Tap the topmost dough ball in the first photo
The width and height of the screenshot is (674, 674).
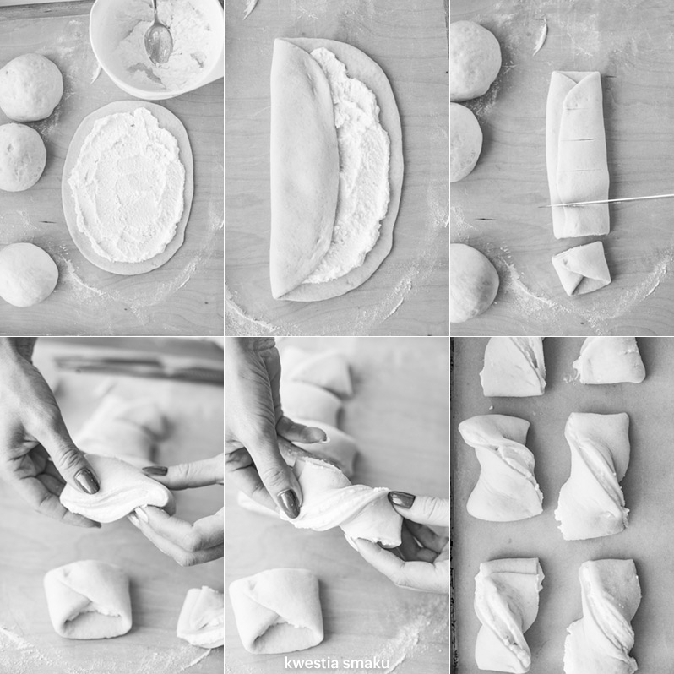coord(30,87)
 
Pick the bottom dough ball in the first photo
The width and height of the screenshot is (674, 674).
coord(28,274)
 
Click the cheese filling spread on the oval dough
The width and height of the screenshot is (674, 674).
coord(128,185)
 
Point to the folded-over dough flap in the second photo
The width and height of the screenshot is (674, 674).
coord(303,167)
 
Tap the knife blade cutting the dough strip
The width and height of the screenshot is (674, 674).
coord(606,201)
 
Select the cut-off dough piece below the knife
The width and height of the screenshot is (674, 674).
coord(581,269)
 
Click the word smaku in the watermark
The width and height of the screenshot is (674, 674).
coord(365,663)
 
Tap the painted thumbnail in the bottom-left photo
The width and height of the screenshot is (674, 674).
coord(86,481)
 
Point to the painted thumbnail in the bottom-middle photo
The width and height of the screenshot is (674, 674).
coord(289,503)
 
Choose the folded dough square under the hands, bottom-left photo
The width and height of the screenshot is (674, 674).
coord(88,599)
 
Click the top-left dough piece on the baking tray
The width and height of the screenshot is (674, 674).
coord(513,367)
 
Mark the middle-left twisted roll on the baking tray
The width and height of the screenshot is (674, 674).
coord(502,468)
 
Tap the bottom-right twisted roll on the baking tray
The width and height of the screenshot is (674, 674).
coord(604,617)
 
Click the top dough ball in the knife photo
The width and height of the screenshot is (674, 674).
coord(475,61)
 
